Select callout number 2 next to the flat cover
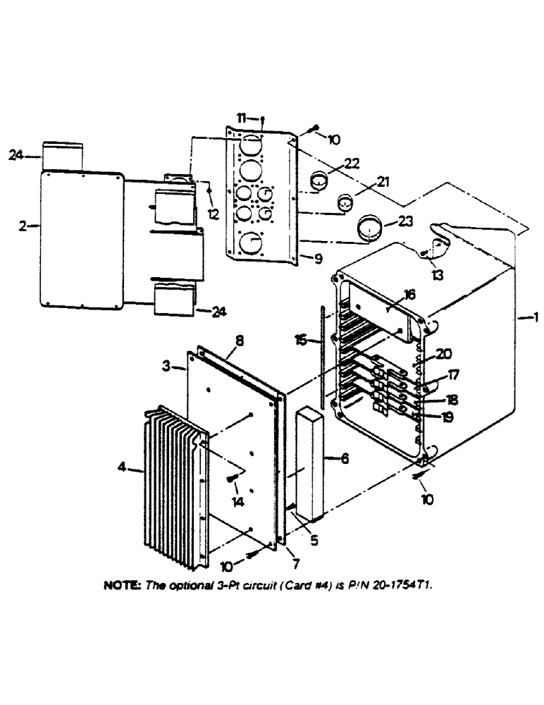click(x=23, y=226)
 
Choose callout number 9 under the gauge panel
click(x=319, y=259)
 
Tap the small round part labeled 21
click(x=345, y=203)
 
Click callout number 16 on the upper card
click(x=409, y=293)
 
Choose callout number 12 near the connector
click(x=213, y=209)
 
